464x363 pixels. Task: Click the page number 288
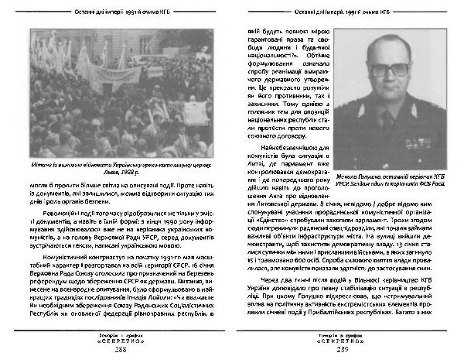pos(119,351)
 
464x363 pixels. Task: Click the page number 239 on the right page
pos(344,351)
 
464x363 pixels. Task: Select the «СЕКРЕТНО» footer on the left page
pos(119,343)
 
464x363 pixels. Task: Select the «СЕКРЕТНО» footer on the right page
pos(344,343)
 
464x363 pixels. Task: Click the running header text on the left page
pos(119,9)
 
